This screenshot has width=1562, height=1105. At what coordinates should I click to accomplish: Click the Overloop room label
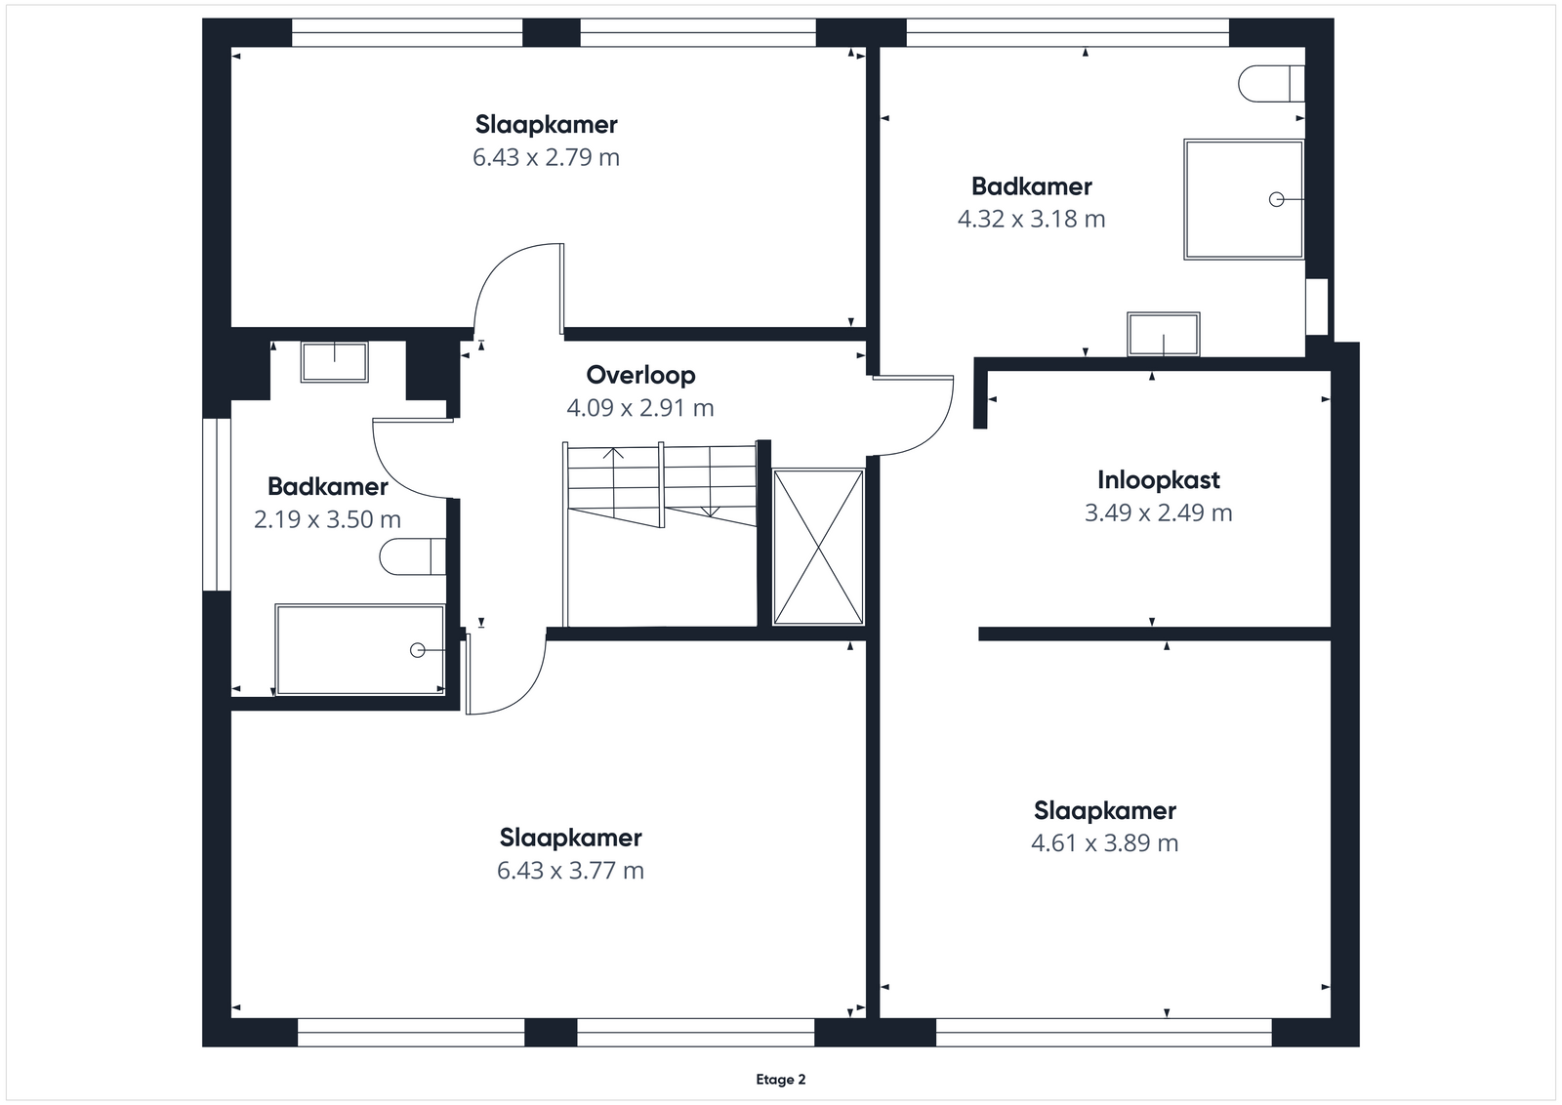pyautogui.click(x=640, y=375)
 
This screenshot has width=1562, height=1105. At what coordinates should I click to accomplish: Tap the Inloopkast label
pyautogui.click(x=1158, y=479)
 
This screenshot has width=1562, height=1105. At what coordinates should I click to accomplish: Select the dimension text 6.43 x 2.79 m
pyautogui.click(x=546, y=157)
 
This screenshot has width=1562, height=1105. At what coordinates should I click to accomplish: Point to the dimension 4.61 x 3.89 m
pyautogui.click(x=1104, y=842)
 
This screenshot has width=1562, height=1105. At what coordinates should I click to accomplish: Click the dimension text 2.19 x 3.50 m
pyautogui.click(x=327, y=519)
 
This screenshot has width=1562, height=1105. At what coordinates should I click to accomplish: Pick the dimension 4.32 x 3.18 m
pyautogui.click(x=1031, y=219)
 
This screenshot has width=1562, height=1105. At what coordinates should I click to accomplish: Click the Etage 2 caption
pyautogui.click(x=781, y=1080)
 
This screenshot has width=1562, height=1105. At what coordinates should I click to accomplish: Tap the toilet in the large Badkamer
pyautogui.click(x=1271, y=84)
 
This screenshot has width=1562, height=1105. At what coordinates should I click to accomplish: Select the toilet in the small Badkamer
pyautogui.click(x=413, y=556)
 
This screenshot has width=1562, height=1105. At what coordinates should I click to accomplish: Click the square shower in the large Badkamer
pyautogui.click(x=1244, y=199)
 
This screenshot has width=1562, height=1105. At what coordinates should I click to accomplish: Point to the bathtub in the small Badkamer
pyautogui.click(x=360, y=650)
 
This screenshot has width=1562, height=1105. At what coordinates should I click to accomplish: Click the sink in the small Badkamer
pyautogui.click(x=335, y=361)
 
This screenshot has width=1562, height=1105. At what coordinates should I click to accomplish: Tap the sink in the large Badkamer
pyautogui.click(x=1164, y=334)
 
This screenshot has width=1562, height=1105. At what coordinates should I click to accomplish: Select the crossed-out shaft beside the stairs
pyautogui.click(x=818, y=547)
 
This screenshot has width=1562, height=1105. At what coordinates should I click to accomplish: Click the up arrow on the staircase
pyautogui.click(x=613, y=482)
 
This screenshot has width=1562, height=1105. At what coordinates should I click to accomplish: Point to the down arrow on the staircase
pyautogui.click(x=710, y=481)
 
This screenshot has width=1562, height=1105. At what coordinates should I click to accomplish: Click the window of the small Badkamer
pyautogui.click(x=216, y=505)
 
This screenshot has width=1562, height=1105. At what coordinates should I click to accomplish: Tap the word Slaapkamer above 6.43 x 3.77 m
pyautogui.click(x=570, y=838)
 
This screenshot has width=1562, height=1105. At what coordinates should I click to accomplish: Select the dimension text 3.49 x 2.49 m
pyautogui.click(x=1158, y=513)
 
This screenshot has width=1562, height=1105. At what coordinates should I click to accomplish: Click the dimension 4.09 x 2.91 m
pyautogui.click(x=640, y=408)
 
